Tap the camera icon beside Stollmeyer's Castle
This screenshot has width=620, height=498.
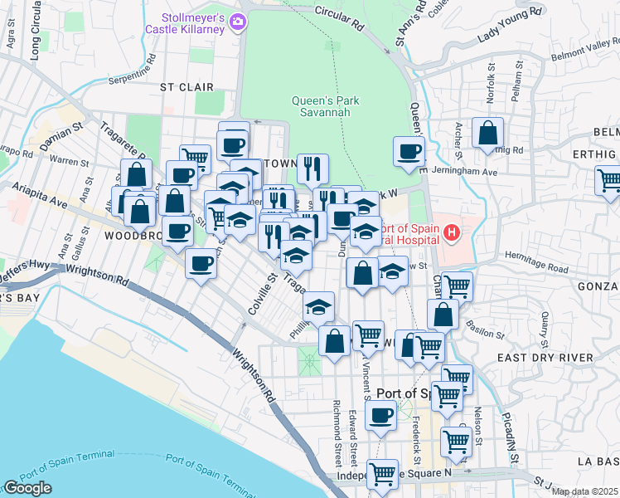pos(239,22)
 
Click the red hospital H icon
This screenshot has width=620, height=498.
pos(451,232)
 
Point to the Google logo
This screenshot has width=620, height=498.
pos(27,488)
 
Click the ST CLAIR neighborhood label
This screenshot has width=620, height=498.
pos(186,86)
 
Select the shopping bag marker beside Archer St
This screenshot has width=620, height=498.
pos(488,133)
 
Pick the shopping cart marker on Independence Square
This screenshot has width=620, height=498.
pos(382,474)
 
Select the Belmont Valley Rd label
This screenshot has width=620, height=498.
pos(584,53)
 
